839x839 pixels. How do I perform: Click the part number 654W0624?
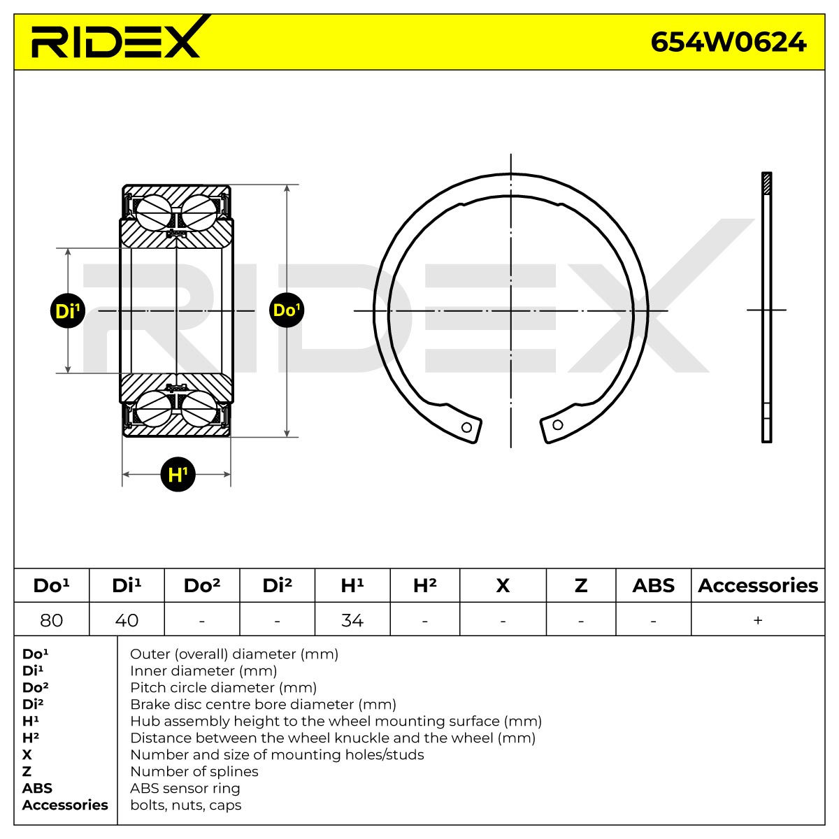(x=729, y=43)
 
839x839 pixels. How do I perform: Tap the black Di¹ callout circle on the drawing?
(x=68, y=311)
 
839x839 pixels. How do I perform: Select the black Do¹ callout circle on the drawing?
(x=287, y=310)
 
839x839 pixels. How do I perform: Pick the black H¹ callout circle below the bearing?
(x=178, y=474)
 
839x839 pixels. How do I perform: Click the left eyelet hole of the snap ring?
(x=466, y=427)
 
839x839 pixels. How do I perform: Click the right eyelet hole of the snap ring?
(x=558, y=424)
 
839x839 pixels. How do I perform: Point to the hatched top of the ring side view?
(x=767, y=183)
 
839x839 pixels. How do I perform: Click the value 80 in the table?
(x=51, y=620)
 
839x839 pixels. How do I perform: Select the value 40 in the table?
(x=127, y=620)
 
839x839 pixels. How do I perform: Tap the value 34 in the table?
(x=352, y=620)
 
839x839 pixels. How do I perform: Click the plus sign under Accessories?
(x=758, y=620)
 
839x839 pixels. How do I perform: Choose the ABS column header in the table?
(x=653, y=586)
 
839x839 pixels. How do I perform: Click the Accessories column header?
(x=758, y=586)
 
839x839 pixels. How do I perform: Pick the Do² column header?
(x=202, y=586)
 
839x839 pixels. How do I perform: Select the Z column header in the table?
(x=581, y=586)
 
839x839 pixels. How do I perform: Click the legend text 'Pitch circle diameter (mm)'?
(x=223, y=687)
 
